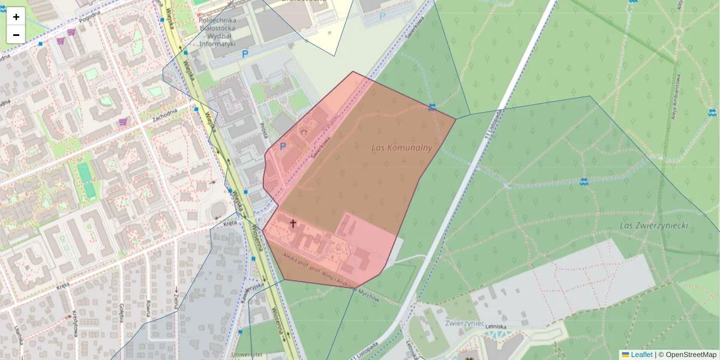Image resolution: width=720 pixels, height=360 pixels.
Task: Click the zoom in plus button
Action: click(x=16, y=17)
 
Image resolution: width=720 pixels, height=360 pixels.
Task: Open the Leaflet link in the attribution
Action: click(x=641, y=355)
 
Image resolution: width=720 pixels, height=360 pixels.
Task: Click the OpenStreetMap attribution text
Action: click(x=686, y=355)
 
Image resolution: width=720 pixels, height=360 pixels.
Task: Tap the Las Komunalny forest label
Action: click(x=401, y=148)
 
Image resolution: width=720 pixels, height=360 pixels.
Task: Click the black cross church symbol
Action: click(x=293, y=224)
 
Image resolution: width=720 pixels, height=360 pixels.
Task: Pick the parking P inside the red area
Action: click(x=283, y=146)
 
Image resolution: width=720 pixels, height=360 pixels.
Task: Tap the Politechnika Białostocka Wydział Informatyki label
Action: click(x=217, y=32)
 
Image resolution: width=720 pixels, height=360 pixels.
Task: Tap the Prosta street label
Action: click(x=263, y=131)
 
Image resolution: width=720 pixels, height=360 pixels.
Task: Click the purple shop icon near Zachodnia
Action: click(x=123, y=122)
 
